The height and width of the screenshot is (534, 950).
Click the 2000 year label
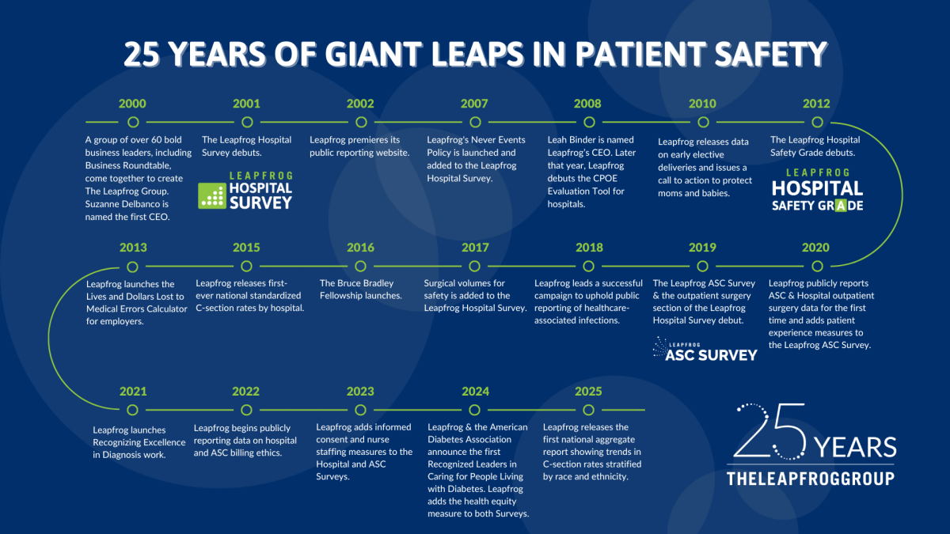132,104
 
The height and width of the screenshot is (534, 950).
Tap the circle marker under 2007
475,122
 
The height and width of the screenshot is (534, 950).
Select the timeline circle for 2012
817,122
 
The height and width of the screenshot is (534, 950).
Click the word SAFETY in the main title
770,55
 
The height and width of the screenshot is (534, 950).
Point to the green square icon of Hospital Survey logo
212,196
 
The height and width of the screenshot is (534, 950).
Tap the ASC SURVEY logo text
711,354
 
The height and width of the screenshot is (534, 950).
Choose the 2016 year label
360,248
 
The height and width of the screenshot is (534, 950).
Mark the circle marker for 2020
817,266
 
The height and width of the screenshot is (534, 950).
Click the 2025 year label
588,391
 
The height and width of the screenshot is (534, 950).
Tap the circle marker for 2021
132,410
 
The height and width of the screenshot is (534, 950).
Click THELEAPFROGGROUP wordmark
811,479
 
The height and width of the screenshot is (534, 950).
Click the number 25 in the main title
141,55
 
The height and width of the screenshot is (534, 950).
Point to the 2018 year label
589,248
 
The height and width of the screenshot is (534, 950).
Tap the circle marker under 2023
360,410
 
